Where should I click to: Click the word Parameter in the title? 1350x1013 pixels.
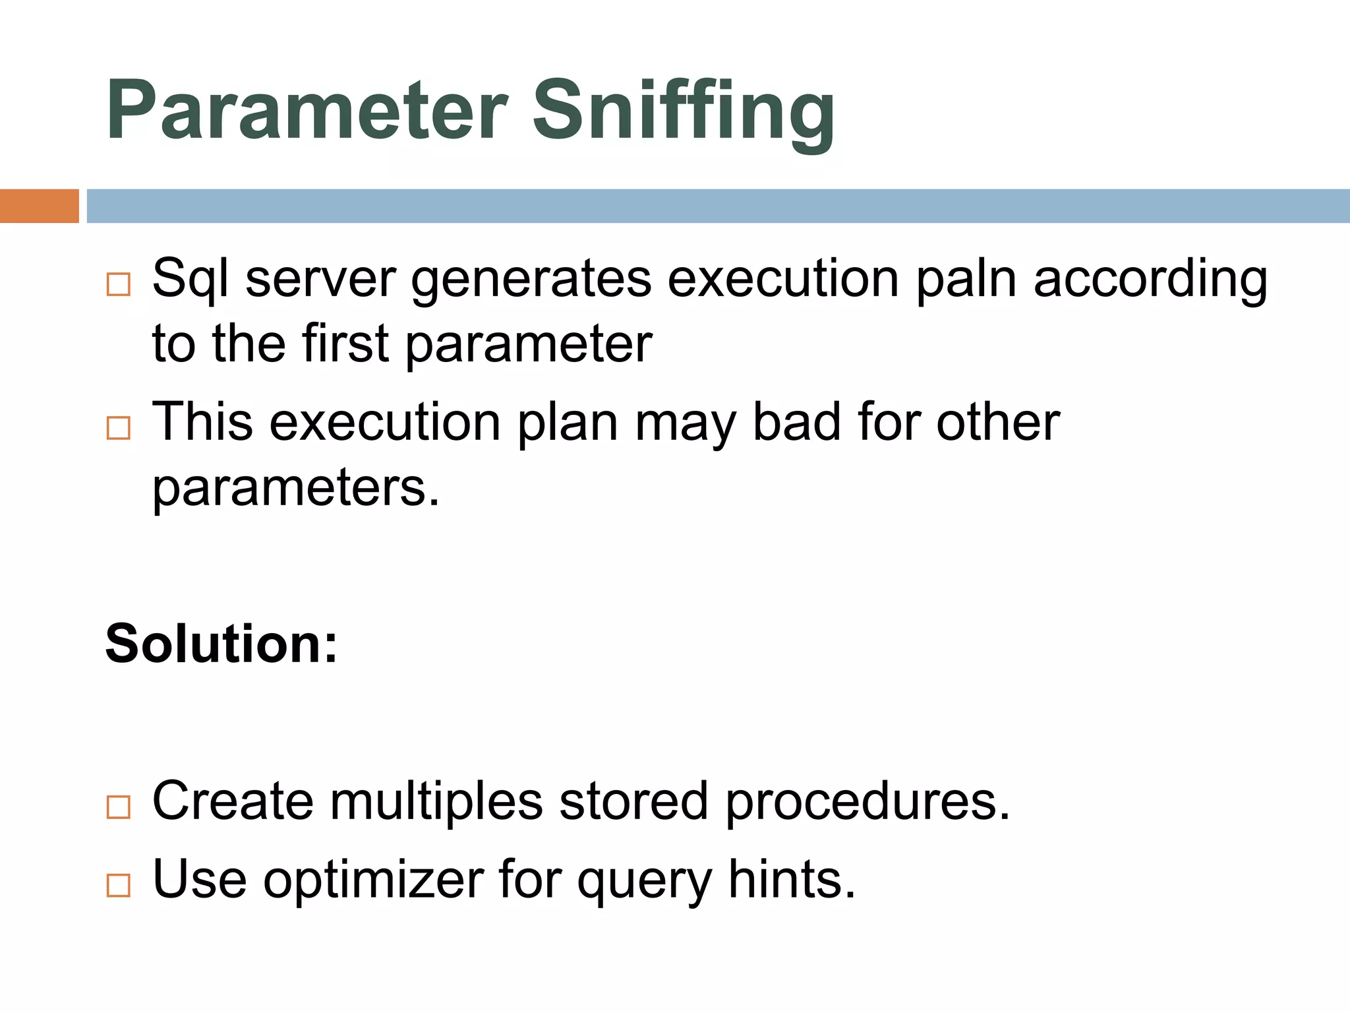[307, 111]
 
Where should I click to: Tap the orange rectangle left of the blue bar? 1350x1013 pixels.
[39, 206]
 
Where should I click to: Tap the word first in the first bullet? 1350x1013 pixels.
[345, 344]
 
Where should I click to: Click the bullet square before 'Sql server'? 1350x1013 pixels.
[119, 285]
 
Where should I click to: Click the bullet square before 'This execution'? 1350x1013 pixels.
[119, 428]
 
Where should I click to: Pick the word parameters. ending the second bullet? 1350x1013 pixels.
[295, 488]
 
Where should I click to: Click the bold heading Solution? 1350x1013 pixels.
[221, 644]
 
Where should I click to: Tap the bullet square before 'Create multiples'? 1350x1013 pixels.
[119, 807]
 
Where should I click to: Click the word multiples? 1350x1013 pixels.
[436, 801]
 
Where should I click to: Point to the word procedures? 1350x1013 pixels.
[867, 801]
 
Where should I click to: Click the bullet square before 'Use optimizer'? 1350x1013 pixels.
[119, 885]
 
